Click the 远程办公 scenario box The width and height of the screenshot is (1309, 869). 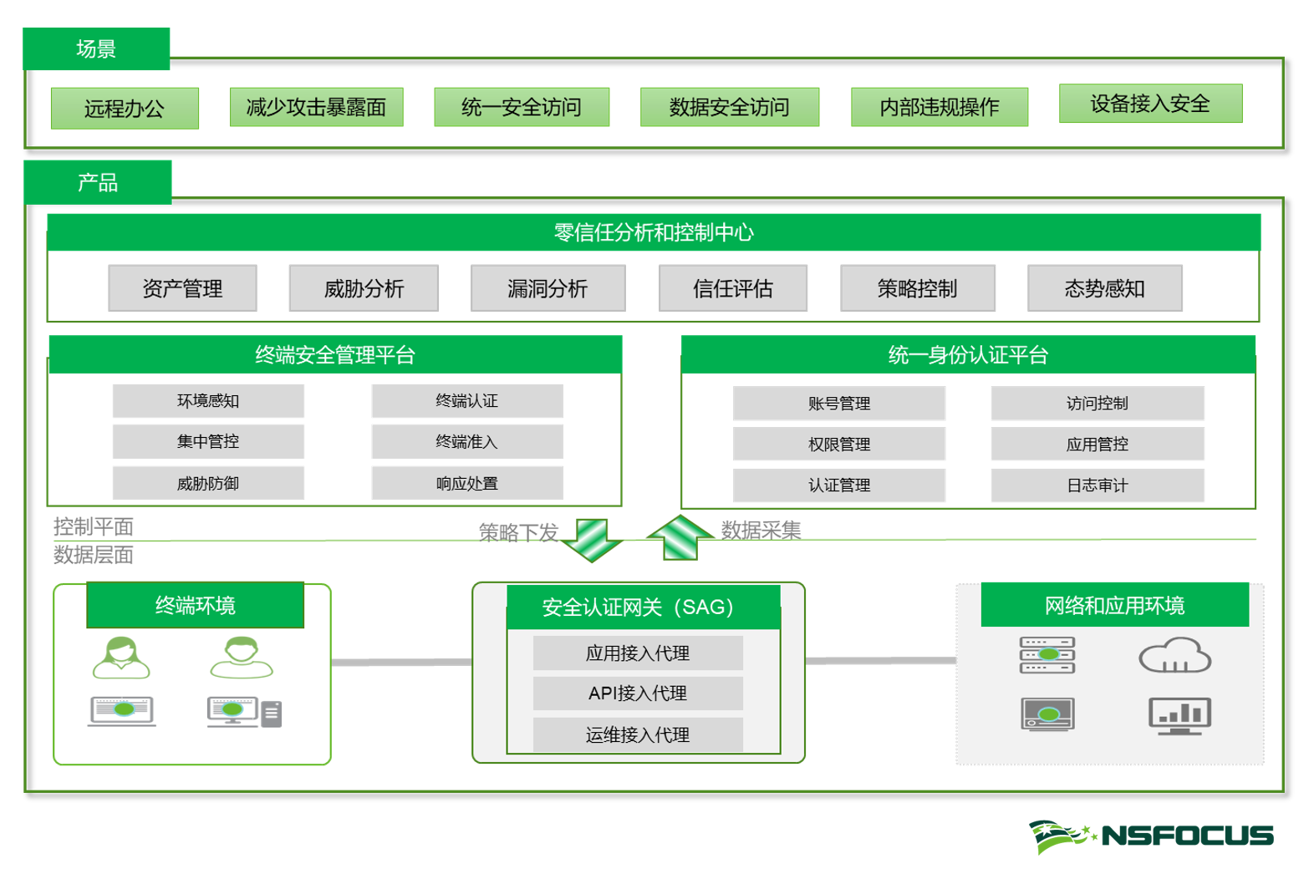point(125,109)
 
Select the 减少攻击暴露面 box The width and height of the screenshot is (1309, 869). point(316,107)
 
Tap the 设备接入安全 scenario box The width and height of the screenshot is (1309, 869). point(1150,104)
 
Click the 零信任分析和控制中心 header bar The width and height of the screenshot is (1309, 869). point(653,232)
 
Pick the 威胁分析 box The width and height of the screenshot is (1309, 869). point(364,288)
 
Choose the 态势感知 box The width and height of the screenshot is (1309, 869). point(1104,288)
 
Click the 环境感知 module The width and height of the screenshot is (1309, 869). point(208,401)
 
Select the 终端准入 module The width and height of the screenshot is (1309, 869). point(466,441)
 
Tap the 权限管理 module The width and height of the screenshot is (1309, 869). point(838,444)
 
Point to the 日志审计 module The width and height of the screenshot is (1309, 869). point(1097,485)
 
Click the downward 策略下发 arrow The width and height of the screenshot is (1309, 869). point(593,540)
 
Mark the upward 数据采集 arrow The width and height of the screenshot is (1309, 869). point(680,536)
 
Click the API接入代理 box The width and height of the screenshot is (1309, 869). point(637,694)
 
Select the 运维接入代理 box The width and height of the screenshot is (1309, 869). point(637,735)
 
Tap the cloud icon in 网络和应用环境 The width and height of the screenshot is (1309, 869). point(1174,656)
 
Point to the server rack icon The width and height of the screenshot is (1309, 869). point(1047,655)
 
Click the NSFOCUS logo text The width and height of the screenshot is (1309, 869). point(1187,835)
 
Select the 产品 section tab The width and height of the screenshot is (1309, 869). point(98,182)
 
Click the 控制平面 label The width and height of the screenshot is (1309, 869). point(93,526)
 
